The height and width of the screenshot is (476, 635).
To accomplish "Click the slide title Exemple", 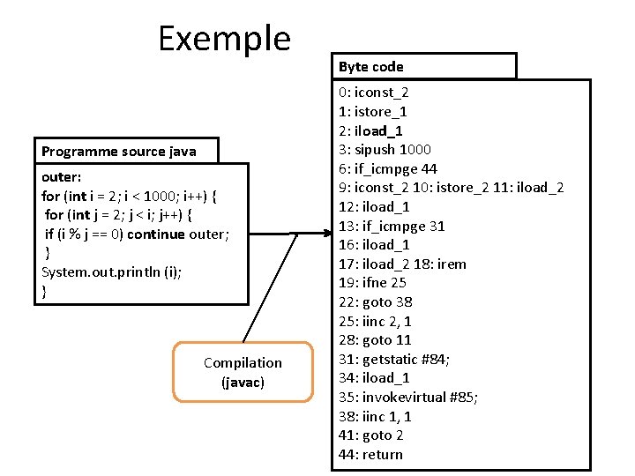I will coord(224,39).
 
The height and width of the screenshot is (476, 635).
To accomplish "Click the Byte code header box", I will coord(427,67).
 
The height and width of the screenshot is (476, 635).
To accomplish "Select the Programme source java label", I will coord(119,152).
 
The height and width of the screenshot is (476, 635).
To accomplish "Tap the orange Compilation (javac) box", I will coord(243,372).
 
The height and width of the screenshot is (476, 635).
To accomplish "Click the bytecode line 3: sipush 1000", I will coord(385,150).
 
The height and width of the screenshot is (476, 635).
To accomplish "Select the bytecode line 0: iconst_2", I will coord(373,93).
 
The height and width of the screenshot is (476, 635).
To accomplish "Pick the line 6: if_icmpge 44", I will coord(387,169).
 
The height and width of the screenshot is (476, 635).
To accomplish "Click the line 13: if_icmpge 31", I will coord(392,227).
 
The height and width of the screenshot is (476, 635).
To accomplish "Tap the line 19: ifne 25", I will coord(372,283).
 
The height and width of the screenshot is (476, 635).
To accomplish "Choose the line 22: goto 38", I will coord(376,302).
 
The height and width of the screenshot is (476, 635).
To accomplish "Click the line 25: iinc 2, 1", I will coord(375,322).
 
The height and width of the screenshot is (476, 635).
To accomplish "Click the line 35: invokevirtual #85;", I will coord(408,398).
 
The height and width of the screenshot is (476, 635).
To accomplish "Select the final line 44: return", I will coord(370,455).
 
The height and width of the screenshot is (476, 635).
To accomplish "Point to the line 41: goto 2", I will coord(371,435).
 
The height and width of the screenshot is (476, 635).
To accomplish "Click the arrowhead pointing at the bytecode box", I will coord(325,233).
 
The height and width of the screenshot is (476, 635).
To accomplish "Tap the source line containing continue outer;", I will coord(137,234).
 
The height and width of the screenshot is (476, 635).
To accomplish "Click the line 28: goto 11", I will coord(375,340).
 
